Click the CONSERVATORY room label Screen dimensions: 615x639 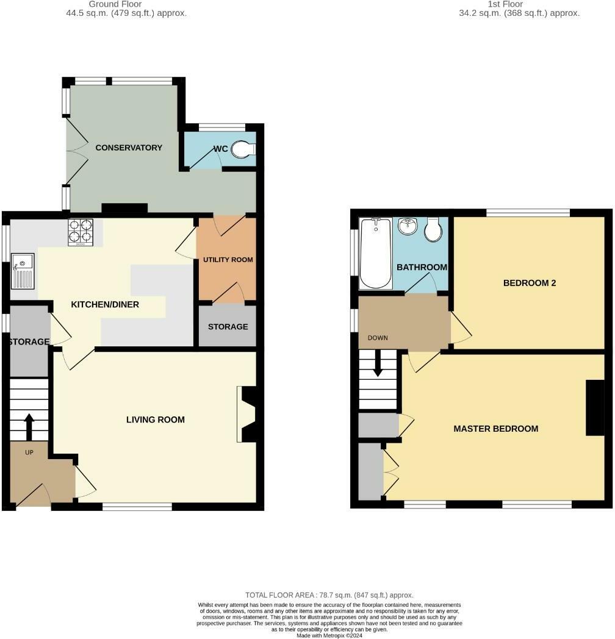129,148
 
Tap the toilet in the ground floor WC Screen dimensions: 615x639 243,149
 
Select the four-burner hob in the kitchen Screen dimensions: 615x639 81,232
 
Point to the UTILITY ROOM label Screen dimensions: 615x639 228,260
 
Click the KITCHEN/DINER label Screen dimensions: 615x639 105,304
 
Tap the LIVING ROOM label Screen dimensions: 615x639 156,419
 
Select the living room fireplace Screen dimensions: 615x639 246,414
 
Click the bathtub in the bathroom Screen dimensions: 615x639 376,254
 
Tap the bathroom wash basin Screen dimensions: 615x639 408,226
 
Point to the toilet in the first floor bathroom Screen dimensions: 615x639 433,229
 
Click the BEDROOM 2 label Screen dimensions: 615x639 530,283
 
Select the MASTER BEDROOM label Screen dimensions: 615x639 496,428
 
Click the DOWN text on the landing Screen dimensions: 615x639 378,338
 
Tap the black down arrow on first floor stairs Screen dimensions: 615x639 378,363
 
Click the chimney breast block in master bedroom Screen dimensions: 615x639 595,407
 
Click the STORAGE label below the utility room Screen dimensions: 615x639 228,326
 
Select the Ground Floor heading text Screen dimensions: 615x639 115,4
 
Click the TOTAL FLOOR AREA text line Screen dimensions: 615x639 329,595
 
